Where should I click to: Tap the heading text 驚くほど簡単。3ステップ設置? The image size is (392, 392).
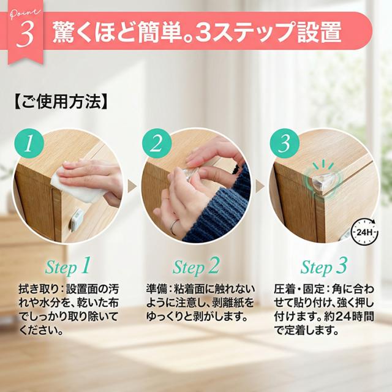[197, 32]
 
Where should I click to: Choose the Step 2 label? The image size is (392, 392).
[196, 267]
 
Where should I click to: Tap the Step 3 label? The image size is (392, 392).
[324, 267]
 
